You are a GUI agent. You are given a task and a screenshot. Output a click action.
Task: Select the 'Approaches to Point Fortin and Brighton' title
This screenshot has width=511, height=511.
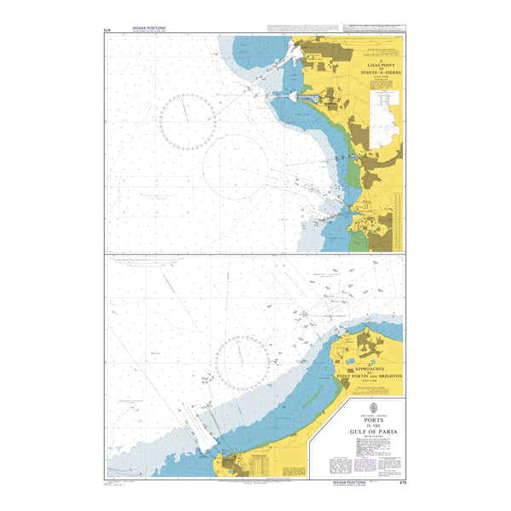click(x=370, y=374)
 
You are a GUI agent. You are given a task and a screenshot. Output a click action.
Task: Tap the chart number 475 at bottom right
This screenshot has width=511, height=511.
click(x=400, y=482)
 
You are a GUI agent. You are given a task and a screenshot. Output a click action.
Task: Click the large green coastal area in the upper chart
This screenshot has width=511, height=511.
click(x=353, y=170)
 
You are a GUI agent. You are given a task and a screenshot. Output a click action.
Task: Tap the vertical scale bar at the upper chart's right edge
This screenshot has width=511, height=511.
click(x=404, y=145)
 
